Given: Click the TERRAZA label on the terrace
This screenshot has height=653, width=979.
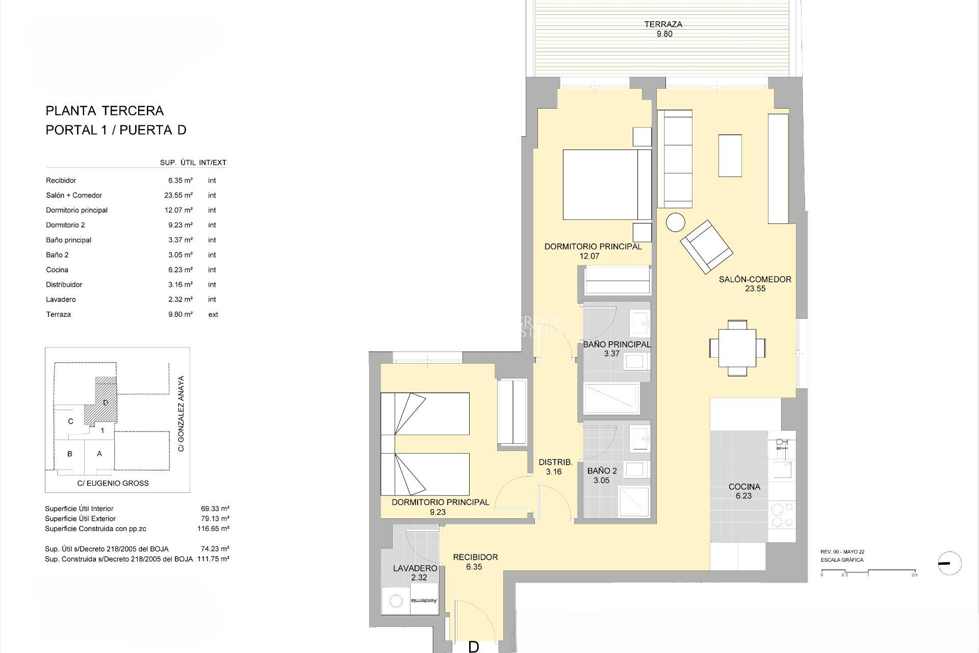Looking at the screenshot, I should [663, 24].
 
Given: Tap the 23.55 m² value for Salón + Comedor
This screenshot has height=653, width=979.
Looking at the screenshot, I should [180, 195].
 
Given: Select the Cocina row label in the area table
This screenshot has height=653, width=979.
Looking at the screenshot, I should [57, 270].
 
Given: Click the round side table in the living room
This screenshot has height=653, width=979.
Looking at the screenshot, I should [676, 223].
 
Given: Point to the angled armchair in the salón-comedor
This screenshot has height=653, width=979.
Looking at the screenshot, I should [706, 246].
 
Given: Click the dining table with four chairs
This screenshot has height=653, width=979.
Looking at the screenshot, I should [737, 348].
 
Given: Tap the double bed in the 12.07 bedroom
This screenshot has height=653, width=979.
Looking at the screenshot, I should [607, 185].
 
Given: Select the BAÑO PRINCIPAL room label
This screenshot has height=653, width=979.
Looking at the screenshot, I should [616, 345].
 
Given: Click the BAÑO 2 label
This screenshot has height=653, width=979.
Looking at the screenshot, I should [602, 471].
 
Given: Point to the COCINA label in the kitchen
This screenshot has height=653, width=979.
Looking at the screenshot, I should [744, 487].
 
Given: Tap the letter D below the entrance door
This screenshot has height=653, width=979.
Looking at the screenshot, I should [474, 647].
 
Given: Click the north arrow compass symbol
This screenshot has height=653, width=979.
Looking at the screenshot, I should [949, 564].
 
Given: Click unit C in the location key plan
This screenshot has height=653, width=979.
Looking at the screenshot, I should [71, 421].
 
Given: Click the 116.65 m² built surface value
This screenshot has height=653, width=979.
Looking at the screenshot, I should [213, 529].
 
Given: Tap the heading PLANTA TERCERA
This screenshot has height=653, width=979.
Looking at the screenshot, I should [105, 111].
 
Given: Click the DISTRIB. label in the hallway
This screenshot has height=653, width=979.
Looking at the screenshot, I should [555, 462].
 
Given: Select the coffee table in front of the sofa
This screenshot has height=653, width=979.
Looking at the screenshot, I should [730, 156].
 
